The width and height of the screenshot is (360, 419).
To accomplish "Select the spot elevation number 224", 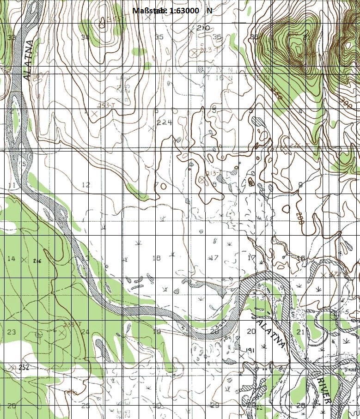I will pyautogui.click(x=164, y=122).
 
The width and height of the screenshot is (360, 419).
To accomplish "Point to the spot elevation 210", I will pyautogui.click(x=203, y=28).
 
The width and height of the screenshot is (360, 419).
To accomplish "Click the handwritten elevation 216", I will pyautogui.click(x=37, y=261).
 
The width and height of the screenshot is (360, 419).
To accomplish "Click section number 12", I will pyautogui.click(x=86, y=185).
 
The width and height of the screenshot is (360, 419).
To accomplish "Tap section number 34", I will pyautogui.click(x=85, y=37).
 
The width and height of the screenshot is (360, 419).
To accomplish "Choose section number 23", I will pyautogui.click(x=12, y=332).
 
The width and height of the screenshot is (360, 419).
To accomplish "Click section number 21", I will pyautogui.click(x=300, y=332).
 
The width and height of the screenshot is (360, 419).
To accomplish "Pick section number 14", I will pyautogui.click(x=11, y=259).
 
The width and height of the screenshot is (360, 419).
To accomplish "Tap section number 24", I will pyautogui.click(x=85, y=332).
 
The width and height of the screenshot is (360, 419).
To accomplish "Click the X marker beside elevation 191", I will pyautogui.click(x=242, y=357).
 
